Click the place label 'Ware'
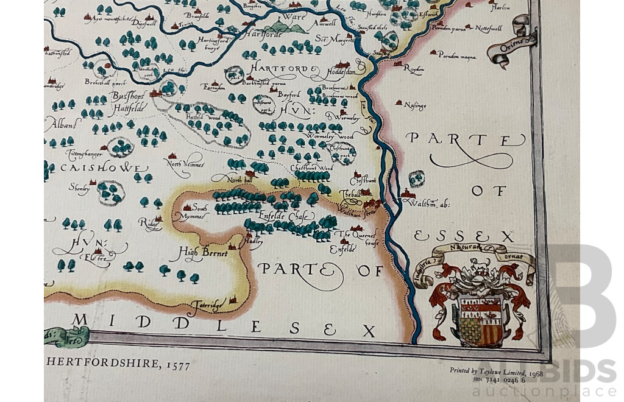295,17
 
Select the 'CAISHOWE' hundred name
104,167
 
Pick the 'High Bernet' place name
203,252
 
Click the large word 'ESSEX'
464,236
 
